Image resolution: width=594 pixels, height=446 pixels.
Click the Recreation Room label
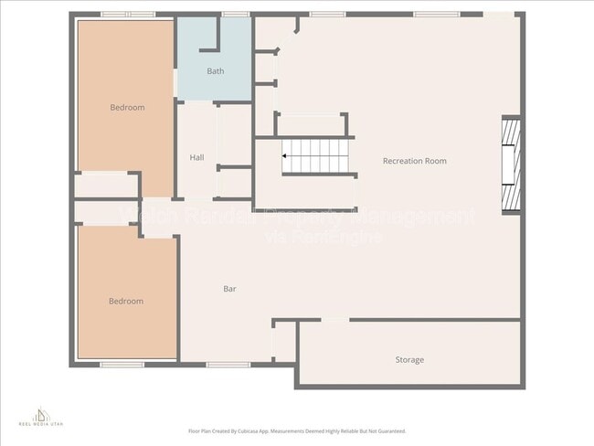[414, 161]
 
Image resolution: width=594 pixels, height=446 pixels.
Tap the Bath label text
[215, 71]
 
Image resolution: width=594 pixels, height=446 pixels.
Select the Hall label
[196, 157]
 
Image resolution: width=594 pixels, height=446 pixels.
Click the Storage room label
[408, 360]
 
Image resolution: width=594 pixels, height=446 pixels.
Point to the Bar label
[230, 289]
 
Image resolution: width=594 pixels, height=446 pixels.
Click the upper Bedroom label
[127, 108]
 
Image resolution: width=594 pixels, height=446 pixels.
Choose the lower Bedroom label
[126, 302]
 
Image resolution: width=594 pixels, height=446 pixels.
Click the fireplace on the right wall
[511, 165]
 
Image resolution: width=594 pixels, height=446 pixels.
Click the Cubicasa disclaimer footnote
[297, 430]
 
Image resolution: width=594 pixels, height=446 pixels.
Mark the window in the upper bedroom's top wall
[128, 15]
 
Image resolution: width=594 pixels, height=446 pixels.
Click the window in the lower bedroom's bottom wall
[122, 365]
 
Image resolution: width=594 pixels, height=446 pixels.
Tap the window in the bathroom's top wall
[235, 15]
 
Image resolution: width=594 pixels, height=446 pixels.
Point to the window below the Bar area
[228, 365]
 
